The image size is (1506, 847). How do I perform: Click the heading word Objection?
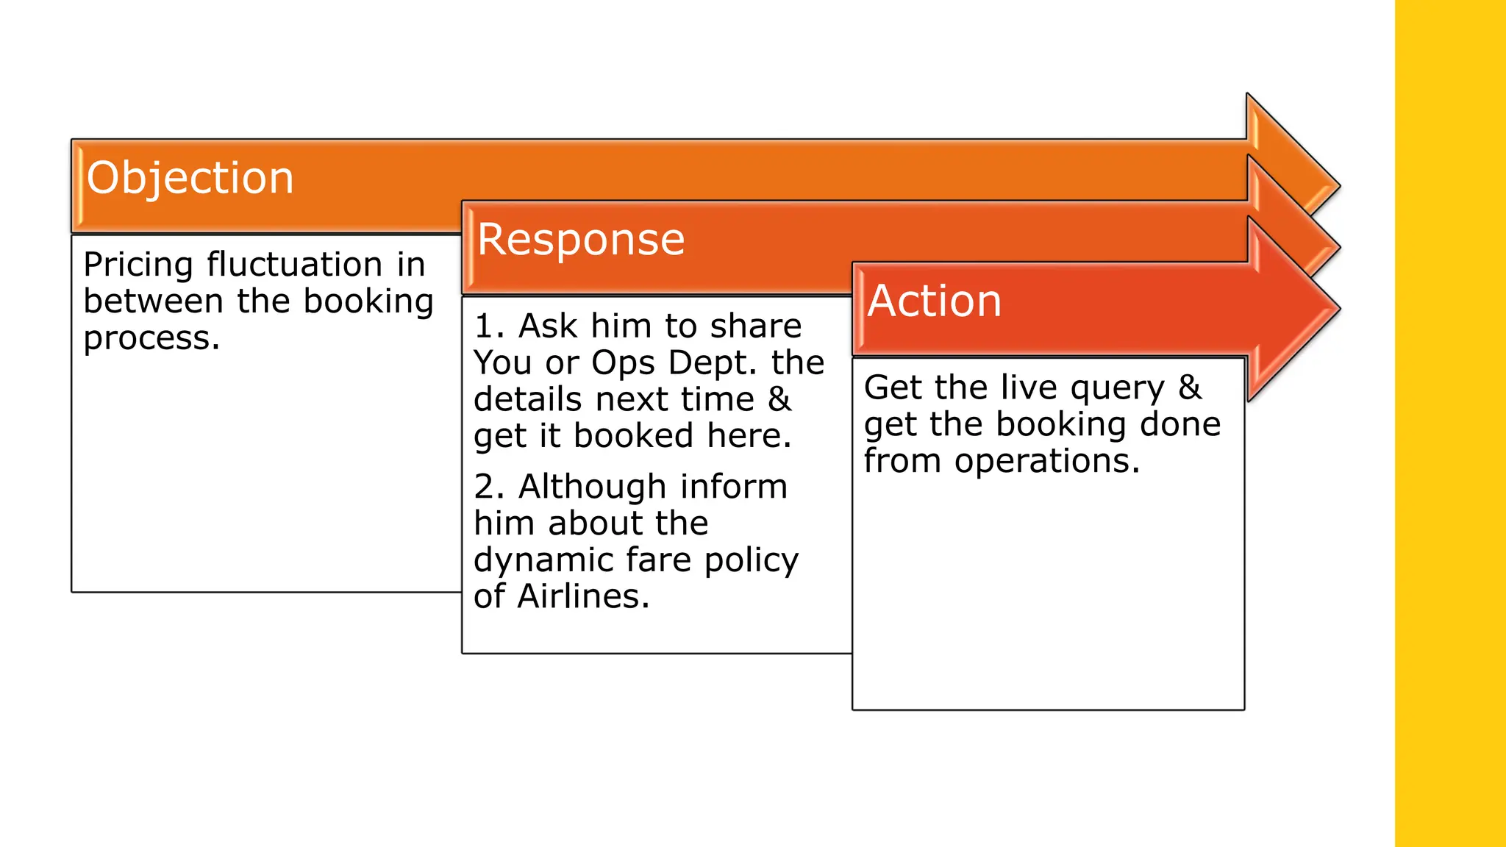[190, 179]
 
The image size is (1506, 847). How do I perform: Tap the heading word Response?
[580, 240]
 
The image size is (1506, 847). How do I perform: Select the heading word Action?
[934, 301]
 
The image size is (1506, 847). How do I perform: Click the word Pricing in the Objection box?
[138, 265]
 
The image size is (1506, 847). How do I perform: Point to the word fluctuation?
[294, 264]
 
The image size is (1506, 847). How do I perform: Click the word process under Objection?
[151, 339]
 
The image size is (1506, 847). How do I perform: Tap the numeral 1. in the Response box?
[489, 326]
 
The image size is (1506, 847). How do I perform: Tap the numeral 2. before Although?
[489, 487]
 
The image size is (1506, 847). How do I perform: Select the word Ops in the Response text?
[622, 363]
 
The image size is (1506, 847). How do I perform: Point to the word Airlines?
[583, 596]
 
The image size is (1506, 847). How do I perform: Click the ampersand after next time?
[779, 400]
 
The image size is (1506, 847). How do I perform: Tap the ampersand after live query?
[1189, 387]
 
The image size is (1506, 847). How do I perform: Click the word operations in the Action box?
[1046, 462]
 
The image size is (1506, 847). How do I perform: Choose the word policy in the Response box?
[751, 561]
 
